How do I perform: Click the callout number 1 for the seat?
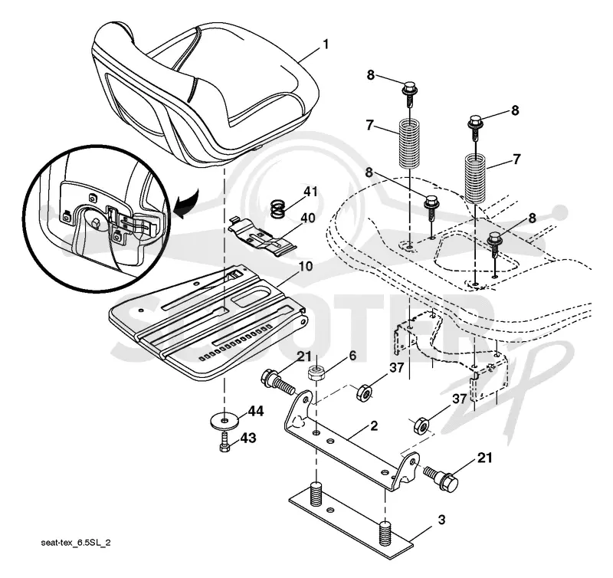pyautogui.click(x=325, y=44)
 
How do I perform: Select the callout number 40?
pyautogui.click(x=307, y=218)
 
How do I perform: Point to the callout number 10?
pyautogui.click(x=306, y=266)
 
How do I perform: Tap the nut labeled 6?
pyautogui.click(x=316, y=372)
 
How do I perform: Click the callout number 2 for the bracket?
pyautogui.click(x=374, y=426)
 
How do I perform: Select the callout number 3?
pyautogui.click(x=441, y=520)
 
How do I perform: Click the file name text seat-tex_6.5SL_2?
pyautogui.click(x=75, y=544)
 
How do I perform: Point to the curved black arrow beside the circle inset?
pyautogui.click(x=186, y=204)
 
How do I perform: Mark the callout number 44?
pyautogui.click(x=256, y=412)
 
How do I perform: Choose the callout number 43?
pyautogui.click(x=247, y=438)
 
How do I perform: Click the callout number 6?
pyautogui.click(x=352, y=356)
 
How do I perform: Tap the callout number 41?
pyautogui.click(x=310, y=192)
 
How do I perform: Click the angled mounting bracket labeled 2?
pyautogui.click(x=351, y=441)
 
